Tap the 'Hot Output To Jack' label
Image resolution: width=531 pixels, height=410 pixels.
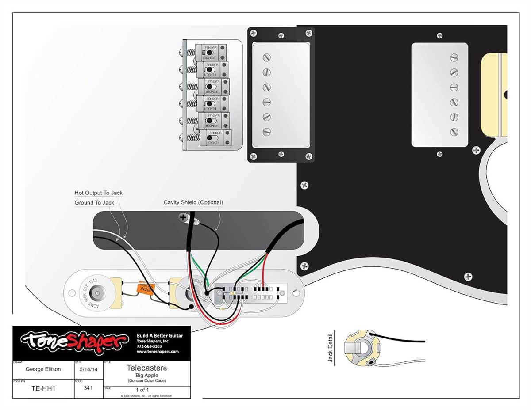pyautogui.click(x=98, y=193)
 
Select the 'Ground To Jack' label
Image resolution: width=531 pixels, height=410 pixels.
pyautogui.click(x=94, y=203)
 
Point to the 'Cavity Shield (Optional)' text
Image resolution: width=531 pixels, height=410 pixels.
pyautogui.click(x=193, y=202)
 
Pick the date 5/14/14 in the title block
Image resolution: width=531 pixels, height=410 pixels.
pyautogui.click(x=88, y=369)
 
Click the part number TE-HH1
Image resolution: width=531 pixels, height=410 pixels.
pyautogui.click(x=43, y=389)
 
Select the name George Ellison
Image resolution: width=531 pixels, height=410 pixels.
pyautogui.click(x=43, y=369)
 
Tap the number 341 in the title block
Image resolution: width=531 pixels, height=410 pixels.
pyautogui.click(x=88, y=389)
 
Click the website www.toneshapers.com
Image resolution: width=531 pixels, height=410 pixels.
pyautogui.click(x=158, y=352)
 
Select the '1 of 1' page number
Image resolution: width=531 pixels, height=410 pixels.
pyautogui.click(x=142, y=390)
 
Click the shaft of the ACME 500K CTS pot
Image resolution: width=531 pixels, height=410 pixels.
pyautogui.click(x=96, y=293)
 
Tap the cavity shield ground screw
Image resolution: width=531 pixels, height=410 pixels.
pyautogui.click(x=182, y=217)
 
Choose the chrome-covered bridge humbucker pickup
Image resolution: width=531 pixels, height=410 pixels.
pyautogui.click(x=281, y=95)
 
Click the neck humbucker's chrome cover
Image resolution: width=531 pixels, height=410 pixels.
pyautogui.click(x=439, y=95)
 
